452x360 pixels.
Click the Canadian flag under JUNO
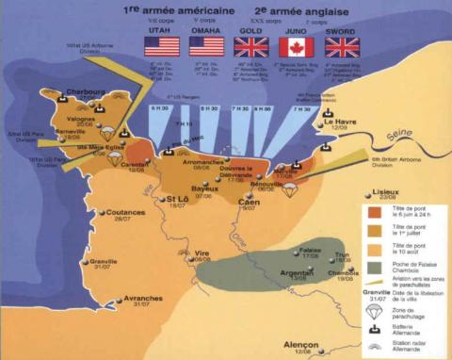296,47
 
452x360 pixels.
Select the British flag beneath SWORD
342,47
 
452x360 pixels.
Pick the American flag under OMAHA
205,47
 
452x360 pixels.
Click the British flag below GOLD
251,47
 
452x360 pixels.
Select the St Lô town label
176,200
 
